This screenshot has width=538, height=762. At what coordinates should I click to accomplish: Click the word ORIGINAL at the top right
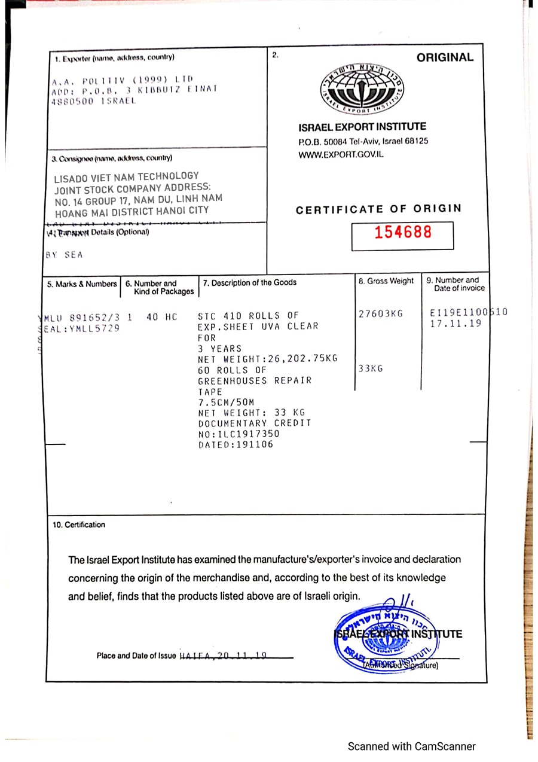445,57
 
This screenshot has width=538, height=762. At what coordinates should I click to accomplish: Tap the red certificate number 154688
402,232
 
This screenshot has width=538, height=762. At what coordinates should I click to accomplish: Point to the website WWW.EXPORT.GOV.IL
341,154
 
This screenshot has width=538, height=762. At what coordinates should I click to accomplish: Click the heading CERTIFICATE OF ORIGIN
378,209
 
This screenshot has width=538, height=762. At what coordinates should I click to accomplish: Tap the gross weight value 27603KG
381,313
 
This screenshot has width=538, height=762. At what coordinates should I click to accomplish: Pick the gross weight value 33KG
371,368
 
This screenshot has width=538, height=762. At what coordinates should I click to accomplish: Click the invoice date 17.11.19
456,324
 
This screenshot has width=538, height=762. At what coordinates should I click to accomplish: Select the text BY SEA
65,255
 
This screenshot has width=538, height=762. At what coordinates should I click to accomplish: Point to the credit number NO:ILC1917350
246,434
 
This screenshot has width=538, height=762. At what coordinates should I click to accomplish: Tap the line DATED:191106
236,445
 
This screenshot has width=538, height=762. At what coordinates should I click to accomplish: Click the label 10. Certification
79,525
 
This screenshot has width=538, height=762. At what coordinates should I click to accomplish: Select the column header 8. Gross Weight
386,281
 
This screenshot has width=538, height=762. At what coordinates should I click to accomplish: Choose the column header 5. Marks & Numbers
82,284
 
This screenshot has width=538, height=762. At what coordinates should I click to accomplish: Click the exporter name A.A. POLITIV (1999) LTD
122,80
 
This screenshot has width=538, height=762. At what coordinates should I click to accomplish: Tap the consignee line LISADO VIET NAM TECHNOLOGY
126,176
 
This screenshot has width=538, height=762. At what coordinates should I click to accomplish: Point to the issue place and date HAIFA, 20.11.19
223,656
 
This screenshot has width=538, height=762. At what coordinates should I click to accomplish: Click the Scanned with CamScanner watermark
412,746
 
